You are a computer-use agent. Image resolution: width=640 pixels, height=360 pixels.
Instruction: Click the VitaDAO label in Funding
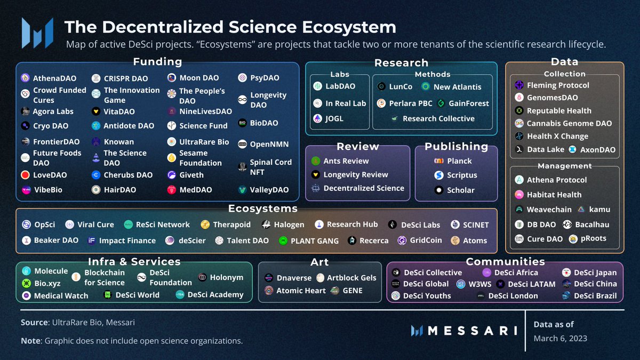(x=119, y=111)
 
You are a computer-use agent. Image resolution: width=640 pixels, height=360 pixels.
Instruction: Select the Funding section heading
(x=157, y=62)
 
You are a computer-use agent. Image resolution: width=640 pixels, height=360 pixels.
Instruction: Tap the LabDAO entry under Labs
(x=340, y=86)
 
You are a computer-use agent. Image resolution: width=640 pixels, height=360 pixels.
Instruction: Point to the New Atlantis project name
(x=457, y=86)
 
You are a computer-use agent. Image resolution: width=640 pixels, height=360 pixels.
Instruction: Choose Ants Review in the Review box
(x=346, y=161)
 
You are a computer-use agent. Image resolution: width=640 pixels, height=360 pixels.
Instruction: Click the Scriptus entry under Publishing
(x=462, y=175)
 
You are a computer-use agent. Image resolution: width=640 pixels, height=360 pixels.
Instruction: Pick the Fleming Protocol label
(x=558, y=85)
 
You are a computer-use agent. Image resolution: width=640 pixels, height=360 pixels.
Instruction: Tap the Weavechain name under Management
(x=549, y=210)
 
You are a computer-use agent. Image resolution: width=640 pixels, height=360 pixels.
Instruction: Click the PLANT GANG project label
(x=314, y=241)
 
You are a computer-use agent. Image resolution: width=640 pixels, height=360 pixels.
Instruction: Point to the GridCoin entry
(x=426, y=241)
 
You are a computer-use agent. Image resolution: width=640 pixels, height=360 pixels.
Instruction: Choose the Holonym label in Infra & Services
(x=226, y=277)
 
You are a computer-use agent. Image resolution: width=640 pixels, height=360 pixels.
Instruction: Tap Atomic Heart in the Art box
(x=301, y=291)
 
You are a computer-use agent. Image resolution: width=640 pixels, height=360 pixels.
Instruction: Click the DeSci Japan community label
(x=595, y=273)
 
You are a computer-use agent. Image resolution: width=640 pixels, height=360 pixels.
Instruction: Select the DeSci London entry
(x=513, y=295)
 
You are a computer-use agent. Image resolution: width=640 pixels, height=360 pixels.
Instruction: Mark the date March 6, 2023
(x=561, y=339)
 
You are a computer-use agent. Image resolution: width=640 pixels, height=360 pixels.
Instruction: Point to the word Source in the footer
(x=34, y=323)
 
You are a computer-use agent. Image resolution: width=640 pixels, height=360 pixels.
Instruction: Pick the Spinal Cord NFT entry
(x=270, y=167)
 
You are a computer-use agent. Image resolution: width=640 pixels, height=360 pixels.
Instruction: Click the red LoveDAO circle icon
(x=25, y=175)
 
